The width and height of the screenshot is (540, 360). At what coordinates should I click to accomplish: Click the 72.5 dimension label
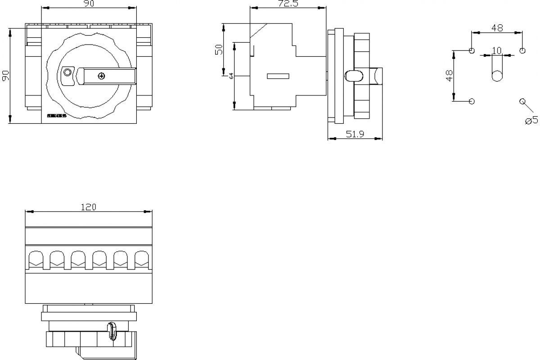point(288,4)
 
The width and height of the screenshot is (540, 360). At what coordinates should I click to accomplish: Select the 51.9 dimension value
point(355,134)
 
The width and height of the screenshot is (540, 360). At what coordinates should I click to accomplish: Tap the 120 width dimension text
point(89,207)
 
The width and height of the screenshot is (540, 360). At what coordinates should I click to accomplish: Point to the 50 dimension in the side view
point(218,49)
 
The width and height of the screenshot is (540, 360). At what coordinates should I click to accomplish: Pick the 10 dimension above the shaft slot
point(496,50)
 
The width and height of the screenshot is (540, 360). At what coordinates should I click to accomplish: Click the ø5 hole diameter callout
point(531,120)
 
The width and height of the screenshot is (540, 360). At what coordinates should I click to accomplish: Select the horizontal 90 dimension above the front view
point(89,4)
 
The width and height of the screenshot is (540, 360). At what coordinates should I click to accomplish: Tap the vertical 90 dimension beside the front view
point(6,76)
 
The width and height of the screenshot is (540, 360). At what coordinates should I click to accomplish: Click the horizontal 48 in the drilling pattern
point(497,28)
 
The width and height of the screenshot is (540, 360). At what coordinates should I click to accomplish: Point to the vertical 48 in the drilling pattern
point(449,76)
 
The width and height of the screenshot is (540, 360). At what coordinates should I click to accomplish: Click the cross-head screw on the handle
point(101,76)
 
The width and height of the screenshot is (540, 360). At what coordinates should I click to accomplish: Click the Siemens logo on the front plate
point(57,116)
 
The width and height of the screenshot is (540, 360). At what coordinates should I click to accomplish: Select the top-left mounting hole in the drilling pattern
point(472,50)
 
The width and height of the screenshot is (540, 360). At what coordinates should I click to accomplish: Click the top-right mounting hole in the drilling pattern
point(522,50)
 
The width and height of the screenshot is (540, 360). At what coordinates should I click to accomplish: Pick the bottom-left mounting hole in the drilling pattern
point(472,101)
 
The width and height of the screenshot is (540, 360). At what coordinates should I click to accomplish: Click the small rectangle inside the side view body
point(278,76)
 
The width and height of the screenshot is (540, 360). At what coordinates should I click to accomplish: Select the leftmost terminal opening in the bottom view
point(36,259)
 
